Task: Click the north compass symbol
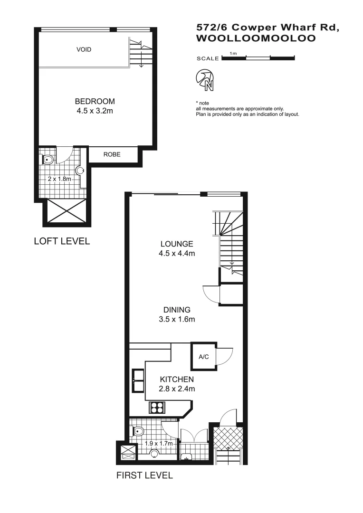coord(205,80)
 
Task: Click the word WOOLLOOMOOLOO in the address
coord(256,39)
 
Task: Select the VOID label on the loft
coord(84,49)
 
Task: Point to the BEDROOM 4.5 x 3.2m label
coord(95,106)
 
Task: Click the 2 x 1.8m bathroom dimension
coord(59,179)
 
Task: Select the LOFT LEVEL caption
coord(62,241)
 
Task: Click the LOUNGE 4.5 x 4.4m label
coord(177,249)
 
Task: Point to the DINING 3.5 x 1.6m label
coord(177,314)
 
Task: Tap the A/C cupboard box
coord(203,356)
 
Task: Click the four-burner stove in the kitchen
coord(157,407)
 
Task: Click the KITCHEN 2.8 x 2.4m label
coord(177,384)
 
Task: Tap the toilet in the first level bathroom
coord(139,432)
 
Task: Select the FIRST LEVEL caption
coord(144,475)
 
